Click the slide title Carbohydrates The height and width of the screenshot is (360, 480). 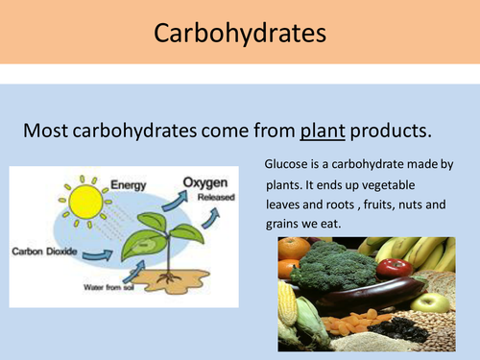point(240,35)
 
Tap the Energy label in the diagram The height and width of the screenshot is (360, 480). point(129,183)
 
